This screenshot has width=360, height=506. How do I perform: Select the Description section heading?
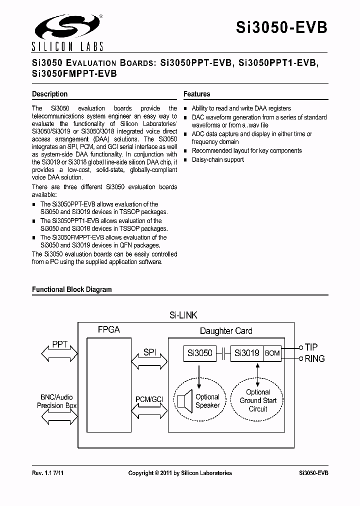(49, 94)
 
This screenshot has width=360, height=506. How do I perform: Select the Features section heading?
(196, 94)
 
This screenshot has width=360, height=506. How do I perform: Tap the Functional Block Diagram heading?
(72, 289)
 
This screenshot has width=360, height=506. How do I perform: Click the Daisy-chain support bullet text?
(218, 160)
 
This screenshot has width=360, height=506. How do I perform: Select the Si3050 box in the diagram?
(200, 353)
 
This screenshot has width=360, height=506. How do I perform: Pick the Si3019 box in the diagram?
(246, 353)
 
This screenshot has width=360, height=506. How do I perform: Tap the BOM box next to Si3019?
(272, 353)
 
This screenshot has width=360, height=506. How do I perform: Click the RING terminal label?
(314, 358)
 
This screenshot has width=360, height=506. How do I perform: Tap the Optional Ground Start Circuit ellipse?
(258, 400)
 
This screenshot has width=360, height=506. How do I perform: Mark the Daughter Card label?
(226, 331)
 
